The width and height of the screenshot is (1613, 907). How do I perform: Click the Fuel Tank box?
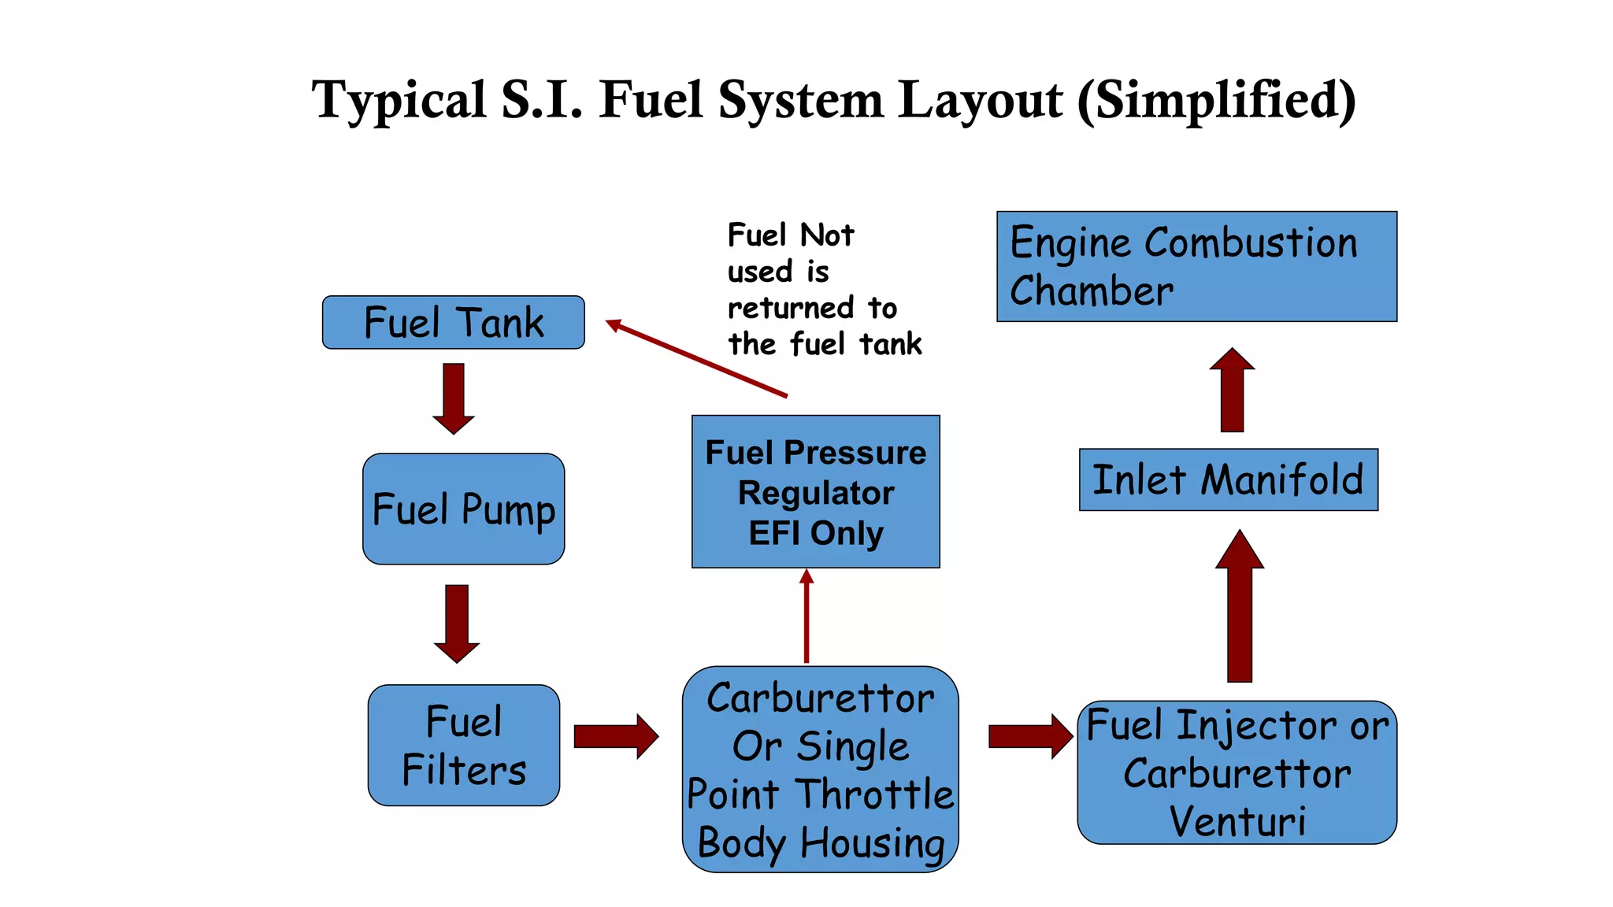point(453,322)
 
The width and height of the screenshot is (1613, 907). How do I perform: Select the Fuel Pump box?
point(463,509)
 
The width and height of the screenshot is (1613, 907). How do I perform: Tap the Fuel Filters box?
point(463,745)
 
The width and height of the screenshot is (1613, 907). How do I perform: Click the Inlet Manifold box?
point(1228,479)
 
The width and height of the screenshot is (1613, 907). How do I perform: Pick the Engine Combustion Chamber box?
point(1196,266)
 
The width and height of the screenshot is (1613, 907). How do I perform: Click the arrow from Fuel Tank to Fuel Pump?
point(454,398)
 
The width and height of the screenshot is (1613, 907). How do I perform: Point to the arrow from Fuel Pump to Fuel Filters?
point(457,623)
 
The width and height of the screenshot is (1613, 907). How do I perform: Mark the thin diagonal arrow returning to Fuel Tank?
point(696,358)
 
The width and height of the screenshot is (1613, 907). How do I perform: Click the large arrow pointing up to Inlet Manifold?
point(1240,606)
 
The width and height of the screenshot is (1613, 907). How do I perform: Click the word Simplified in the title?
point(1217,101)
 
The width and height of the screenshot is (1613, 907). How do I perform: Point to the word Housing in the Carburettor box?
point(872,843)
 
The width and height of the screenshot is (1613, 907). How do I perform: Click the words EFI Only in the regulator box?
point(815,533)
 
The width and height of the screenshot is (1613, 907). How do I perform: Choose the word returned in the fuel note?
point(779,308)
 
